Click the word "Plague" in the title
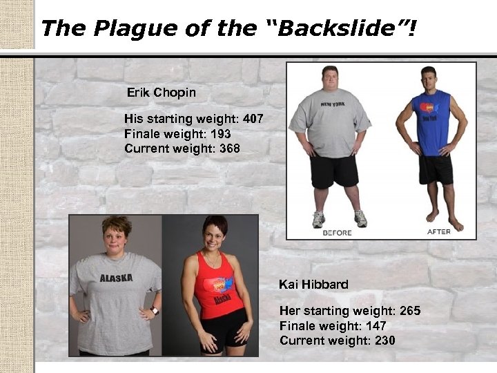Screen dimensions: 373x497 (x=130, y=28)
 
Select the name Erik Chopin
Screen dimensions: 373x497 (x=162, y=93)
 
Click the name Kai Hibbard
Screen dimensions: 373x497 (x=313, y=284)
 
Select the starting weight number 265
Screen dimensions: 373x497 (x=407, y=311)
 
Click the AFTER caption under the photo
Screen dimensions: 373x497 (x=439, y=232)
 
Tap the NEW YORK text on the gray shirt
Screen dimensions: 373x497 (x=333, y=104)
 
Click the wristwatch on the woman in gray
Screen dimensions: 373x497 (x=155, y=311)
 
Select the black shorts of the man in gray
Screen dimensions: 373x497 (x=334, y=170)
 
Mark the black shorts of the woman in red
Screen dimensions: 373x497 (x=222, y=332)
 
